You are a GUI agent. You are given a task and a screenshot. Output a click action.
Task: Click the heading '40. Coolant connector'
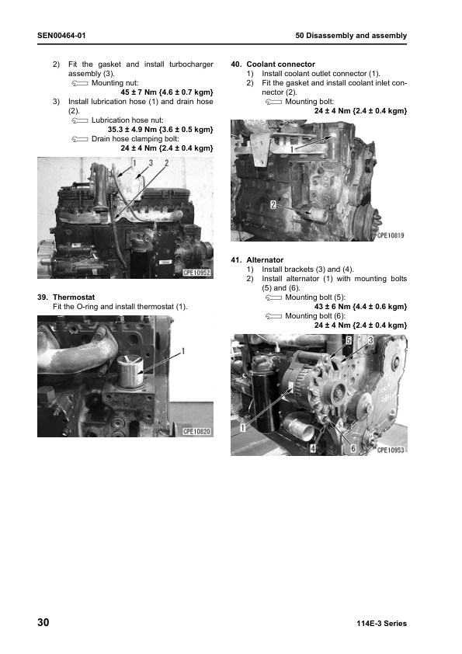pos(273,64)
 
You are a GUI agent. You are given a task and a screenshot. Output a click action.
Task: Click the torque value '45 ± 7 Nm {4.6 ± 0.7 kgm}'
pos(166,92)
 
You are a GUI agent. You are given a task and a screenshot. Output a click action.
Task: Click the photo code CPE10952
pos(197,272)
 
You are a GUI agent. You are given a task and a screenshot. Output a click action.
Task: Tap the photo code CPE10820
pos(197,431)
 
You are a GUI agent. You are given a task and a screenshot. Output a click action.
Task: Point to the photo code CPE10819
pos(391,235)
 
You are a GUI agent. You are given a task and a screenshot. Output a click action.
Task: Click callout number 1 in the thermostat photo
pos(183,351)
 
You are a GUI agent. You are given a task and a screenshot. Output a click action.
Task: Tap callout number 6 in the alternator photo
pos(353,448)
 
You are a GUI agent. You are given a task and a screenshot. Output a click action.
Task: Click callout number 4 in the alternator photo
pos(313,448)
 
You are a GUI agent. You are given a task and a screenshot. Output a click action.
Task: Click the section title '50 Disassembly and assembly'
pos(351,37)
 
